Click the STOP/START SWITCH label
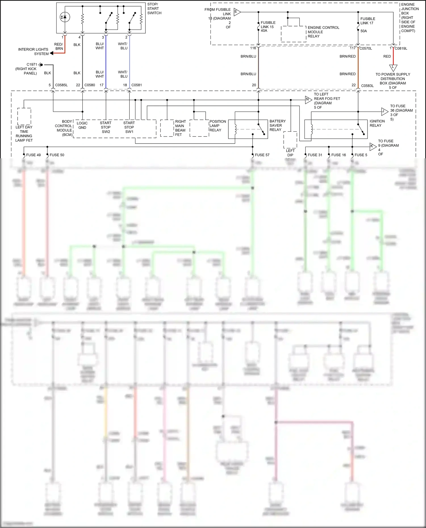pyautogui.click(x=154, y=9)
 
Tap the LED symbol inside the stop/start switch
pyautogui.click(x=65, y=17)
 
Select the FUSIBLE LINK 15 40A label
pyautogui.click(x=268, y=26)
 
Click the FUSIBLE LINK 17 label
pyautogui.click(x=367, y=21)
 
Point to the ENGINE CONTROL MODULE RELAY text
pyautogui.click(x=323, y=32)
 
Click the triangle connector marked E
pyautogui.click(x=237, y=12)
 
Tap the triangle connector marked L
pyautogui.click(x=393, y=68)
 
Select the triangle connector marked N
pyautogui.click(x=308, y=100)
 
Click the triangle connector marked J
pyautogui.click(x=384, y=111)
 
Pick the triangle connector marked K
pyautogui.click(x=373, y=146)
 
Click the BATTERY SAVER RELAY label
pyautogui.click(x=277, y=125)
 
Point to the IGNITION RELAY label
pyautogui.click(x=377, y=123)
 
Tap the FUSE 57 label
pyautogui.click(x=262, y=155)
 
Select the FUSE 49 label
pyautogui.click(x=33, y=155)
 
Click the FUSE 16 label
pyautogui.click(x=338, y=155)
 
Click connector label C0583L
pyautogui.click(x=367, y=86)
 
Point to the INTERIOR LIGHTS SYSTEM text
pyautogui.click(x=33, y=51)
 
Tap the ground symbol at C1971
pyautogui.click(x=41, y=65)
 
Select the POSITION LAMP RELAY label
pyautogui.click(x=218, y=126)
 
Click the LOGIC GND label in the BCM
pyautogui.click(x=82, y=125)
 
